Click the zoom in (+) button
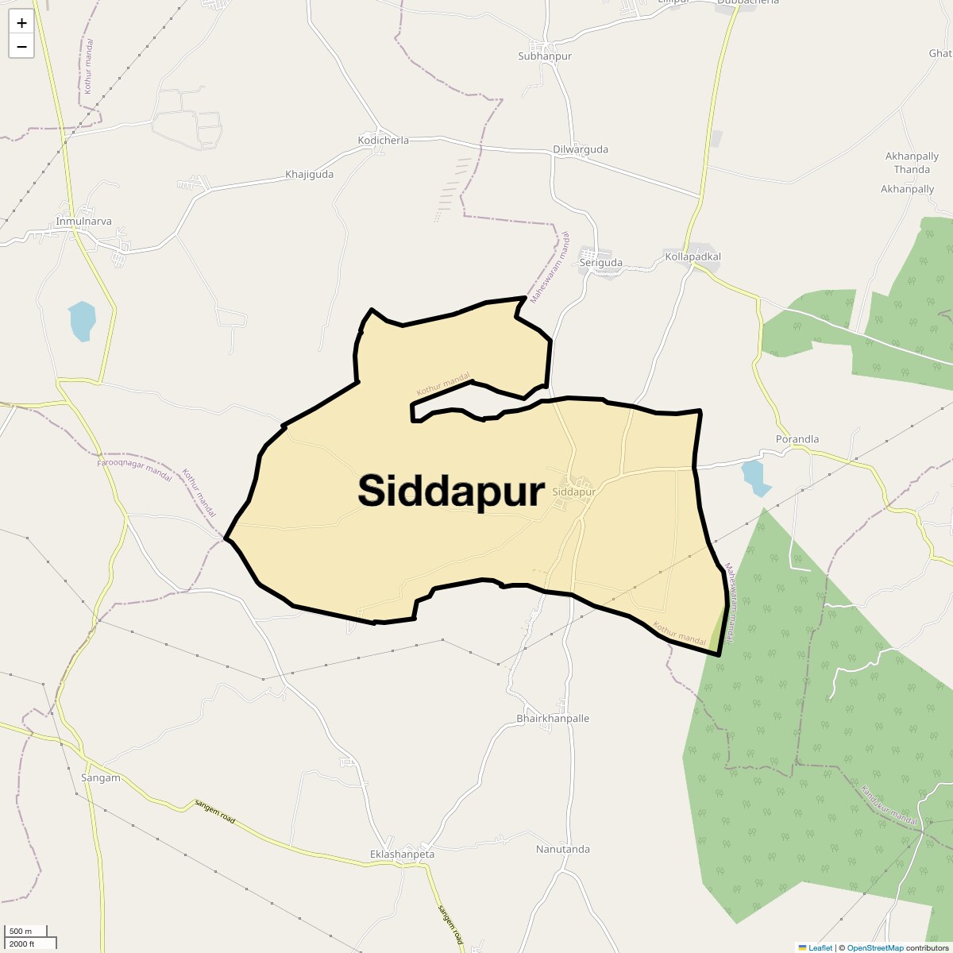pos(21,23)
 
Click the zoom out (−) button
pos(21,46)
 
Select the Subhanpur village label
pos(545,56)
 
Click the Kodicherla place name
pos(384,141)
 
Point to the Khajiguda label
pos(310,174)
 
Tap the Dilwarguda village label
pos(581,149)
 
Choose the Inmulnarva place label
pos(84,221)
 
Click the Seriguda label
pos(601,263)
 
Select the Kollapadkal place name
pos(693,257)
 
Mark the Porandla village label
pos(797,439)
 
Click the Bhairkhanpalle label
pos(553,718)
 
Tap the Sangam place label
pos(101,777)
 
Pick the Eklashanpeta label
pos(403,855)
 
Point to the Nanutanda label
pos(563,849)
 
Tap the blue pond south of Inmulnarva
pos(82,320)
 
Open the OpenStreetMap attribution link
pos(874,947)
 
